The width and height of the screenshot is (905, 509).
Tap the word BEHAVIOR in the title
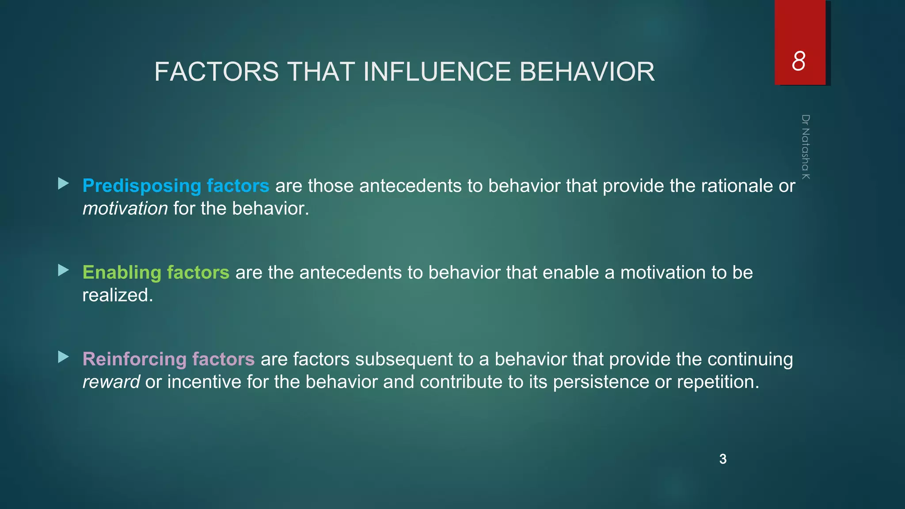587,72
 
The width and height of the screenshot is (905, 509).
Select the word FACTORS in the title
217,72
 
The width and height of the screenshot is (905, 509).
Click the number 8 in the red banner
799,61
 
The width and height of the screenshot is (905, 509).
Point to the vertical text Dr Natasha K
806,147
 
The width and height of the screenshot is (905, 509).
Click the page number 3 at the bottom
723,459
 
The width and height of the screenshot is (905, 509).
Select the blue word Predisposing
142,186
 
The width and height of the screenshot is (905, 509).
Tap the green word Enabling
122,273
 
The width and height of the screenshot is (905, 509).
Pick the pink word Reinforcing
134,359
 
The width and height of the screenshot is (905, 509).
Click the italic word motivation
125,209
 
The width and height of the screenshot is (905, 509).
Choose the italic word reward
111,382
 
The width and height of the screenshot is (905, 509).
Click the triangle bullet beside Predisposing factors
63,183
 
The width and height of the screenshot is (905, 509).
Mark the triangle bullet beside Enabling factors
63,270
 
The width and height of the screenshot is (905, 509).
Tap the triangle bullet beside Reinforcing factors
63,357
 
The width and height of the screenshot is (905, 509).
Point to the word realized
117,295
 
